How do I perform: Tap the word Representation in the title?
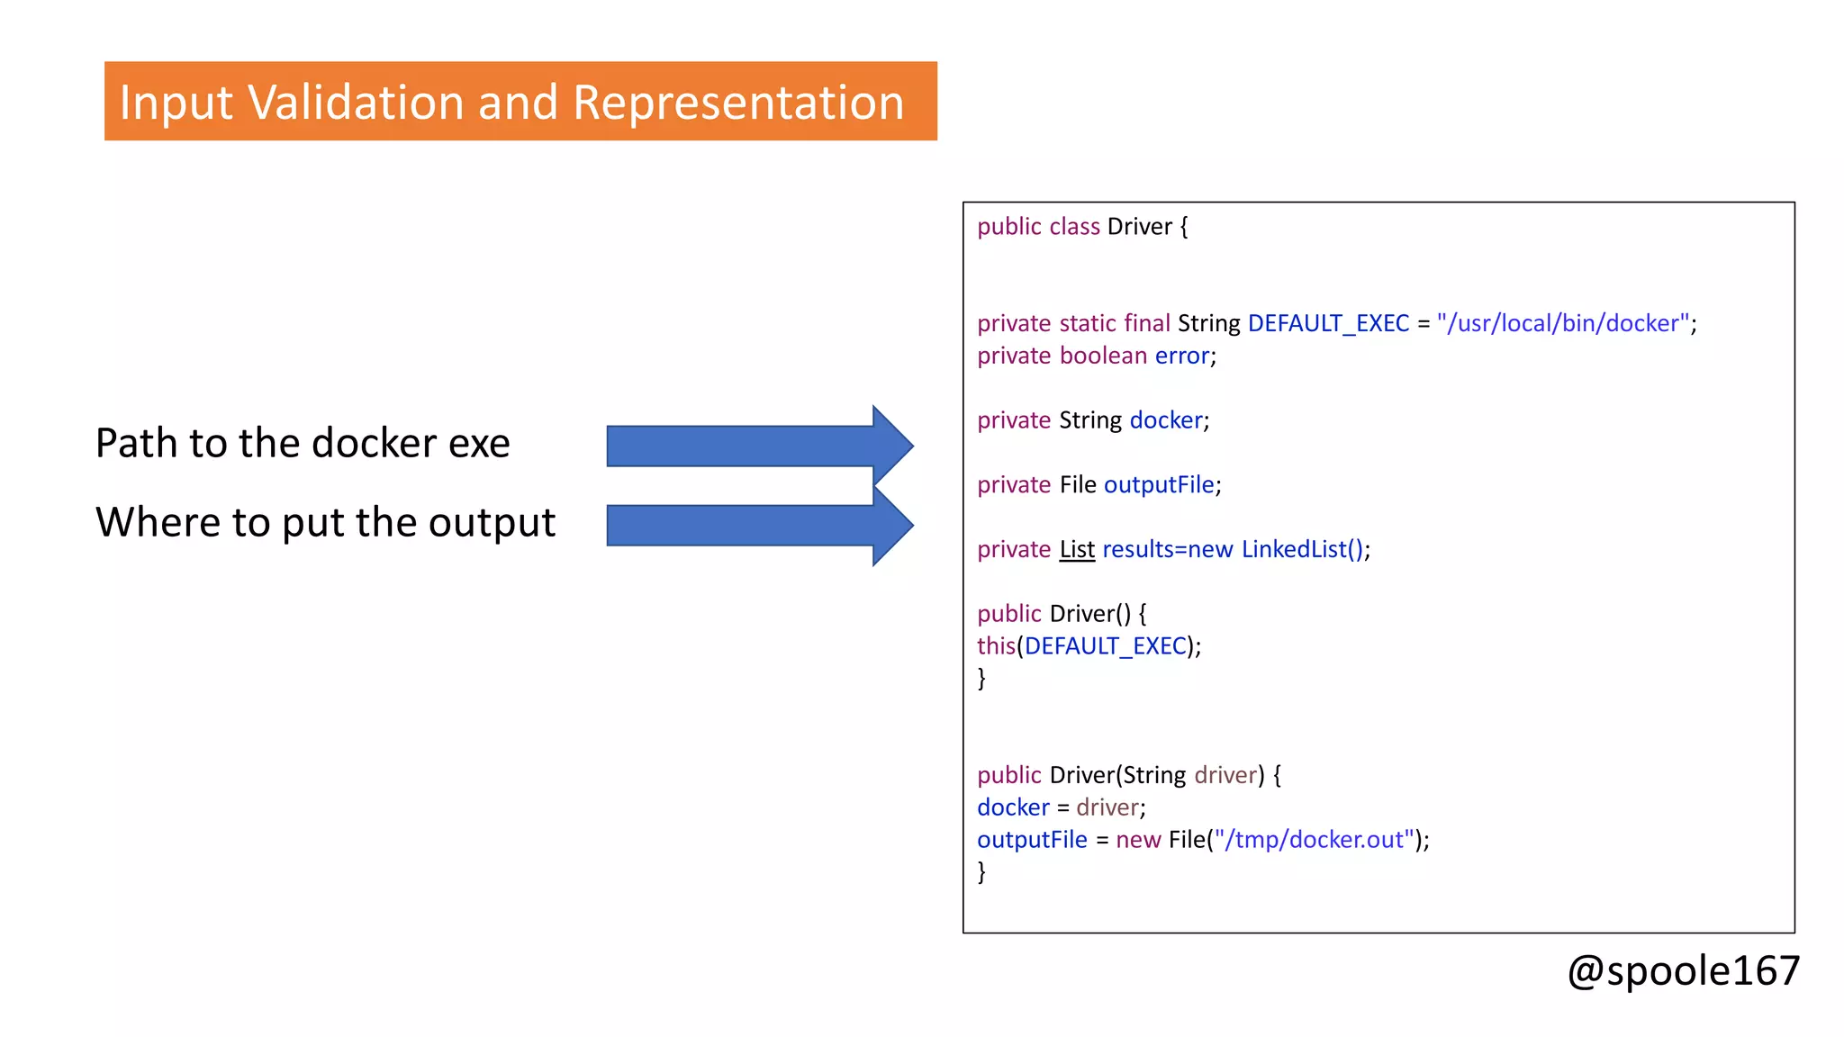[x=737, y=102]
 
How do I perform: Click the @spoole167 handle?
[x=1683, y=970]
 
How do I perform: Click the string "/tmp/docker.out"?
[x=1314, y=839]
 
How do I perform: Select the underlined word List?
[x=1077, y=549]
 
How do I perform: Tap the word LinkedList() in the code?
[x=1302, y=549]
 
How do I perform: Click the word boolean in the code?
[x=1103, y=356]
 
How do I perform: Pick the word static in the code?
[x=1088, y=323]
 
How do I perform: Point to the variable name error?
[x=1182, y=356]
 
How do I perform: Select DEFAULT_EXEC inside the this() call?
[x=1106, y=646]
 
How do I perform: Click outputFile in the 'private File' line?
[x=1159, y=485]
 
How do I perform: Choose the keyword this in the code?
[x=996, y=646]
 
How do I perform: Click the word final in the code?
[x=1147, y=323]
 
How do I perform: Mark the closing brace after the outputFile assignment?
[x=981, y=871]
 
